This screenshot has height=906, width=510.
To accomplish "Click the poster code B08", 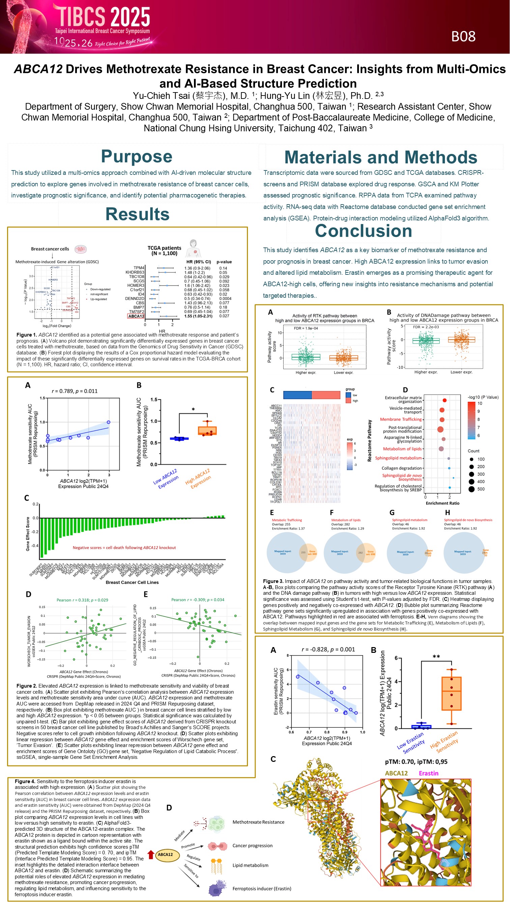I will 463,36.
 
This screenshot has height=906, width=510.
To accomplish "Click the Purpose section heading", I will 136,157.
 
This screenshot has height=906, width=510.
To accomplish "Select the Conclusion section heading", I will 363,231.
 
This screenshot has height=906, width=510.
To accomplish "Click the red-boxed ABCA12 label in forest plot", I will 136,316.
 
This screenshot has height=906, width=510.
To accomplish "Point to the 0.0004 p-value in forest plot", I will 225,299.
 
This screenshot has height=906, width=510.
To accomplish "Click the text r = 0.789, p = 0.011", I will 75,391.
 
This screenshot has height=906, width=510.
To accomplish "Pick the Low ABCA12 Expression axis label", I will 166,479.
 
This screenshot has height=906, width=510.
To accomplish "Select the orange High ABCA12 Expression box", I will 207,430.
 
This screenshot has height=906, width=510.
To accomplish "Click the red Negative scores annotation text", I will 124,548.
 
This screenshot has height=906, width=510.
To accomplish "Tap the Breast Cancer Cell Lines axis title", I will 132,582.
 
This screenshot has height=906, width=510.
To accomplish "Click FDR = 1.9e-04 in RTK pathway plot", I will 306,328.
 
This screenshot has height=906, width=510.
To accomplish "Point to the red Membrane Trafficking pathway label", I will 400,419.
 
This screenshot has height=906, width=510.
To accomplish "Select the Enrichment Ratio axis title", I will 442,503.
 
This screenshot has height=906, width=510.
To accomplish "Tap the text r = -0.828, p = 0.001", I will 328,649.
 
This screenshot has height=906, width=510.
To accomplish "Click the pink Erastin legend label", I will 428,773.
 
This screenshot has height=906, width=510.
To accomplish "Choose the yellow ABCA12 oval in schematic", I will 165,854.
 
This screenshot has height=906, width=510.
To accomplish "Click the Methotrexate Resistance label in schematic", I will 258,822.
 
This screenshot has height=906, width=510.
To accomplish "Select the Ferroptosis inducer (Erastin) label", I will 262,888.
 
